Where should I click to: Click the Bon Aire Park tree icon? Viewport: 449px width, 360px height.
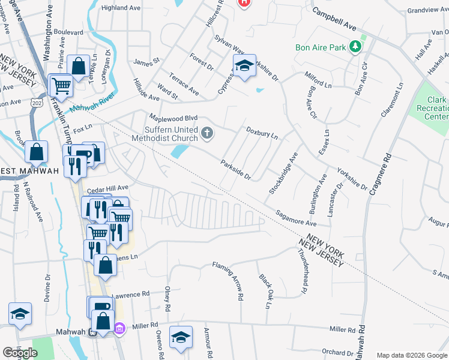[356, 46]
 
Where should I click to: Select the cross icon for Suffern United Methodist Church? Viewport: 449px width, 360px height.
[207, 133]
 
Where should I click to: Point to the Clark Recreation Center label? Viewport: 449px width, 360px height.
[436, 108]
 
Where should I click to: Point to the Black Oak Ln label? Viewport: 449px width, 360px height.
[265, 290]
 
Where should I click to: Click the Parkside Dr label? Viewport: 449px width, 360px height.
[235, 169]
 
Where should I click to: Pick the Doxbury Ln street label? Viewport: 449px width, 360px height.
[262, 133]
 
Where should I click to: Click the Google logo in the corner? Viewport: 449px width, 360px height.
[20, 353]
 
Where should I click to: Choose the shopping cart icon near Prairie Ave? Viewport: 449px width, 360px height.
[61, 85]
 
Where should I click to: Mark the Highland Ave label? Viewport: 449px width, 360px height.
[122, 8]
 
